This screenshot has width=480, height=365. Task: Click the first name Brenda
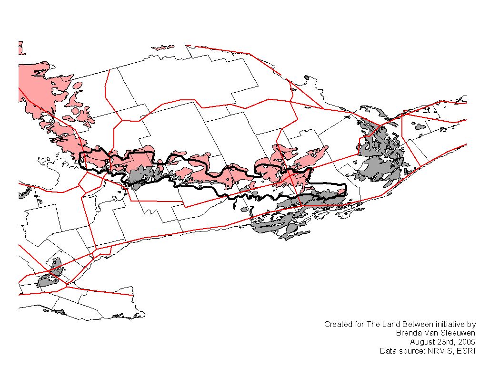pyautogui.click(x=408, y=333)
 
